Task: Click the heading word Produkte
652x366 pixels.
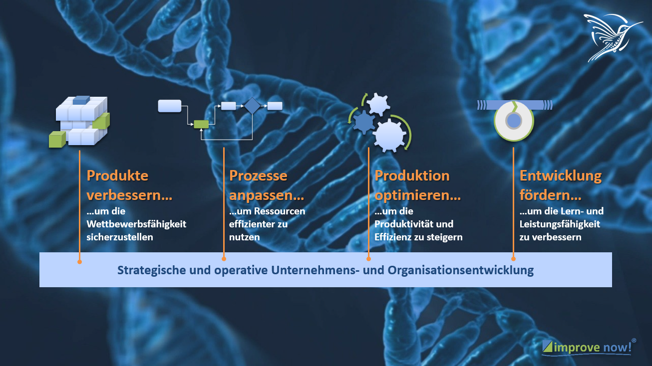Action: [x=117, y=176]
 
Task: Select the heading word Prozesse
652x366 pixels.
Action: [x=258, y=176]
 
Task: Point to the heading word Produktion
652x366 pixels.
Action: [x=412, y=176]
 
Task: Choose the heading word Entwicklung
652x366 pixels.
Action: [x=561, y=176]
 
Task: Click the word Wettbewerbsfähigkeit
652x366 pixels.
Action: [x=136, y=224]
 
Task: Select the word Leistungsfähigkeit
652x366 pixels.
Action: [x=560, y=224]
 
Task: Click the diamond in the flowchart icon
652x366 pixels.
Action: [x=252, y=106]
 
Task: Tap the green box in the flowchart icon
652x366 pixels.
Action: [x=201, y=124]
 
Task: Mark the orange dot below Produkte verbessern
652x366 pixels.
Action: [x=79, y=261]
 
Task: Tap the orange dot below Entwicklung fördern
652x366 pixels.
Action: [x=513, y=259]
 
